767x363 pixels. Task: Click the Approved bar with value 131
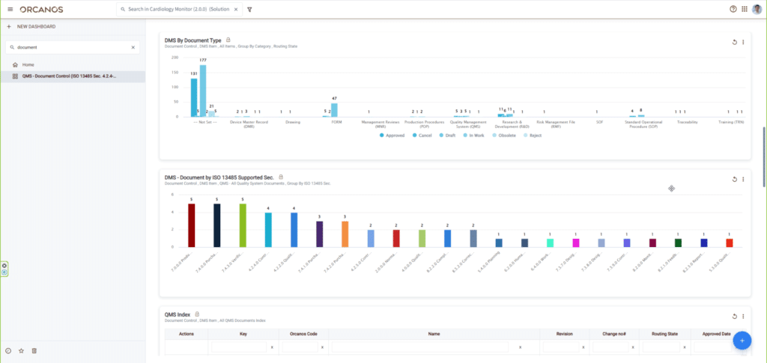click(x=194, y=97)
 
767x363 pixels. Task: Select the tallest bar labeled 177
click(x=202, y=91)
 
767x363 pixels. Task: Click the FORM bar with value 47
click(x=334, y=109)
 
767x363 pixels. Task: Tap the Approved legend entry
click(x=393, y=135)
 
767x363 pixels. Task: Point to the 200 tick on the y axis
click(x=175, y=57)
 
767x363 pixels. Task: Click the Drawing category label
click(x=293, y=121)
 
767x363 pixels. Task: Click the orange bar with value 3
click(x=345, y=234)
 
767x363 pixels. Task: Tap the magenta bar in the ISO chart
click(x=575, y=242)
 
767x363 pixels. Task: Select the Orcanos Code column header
click(x=303, y=334)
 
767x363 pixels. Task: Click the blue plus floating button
click(x=742, y=341)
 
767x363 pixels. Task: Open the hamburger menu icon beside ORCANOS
click(x=10, y=9)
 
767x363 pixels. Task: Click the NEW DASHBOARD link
click(x=35, y=27)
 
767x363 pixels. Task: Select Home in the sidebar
click(x=28, y=65)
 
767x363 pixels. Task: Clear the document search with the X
click(x=133, y=47)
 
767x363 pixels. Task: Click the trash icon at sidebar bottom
click(x=34, y=350)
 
